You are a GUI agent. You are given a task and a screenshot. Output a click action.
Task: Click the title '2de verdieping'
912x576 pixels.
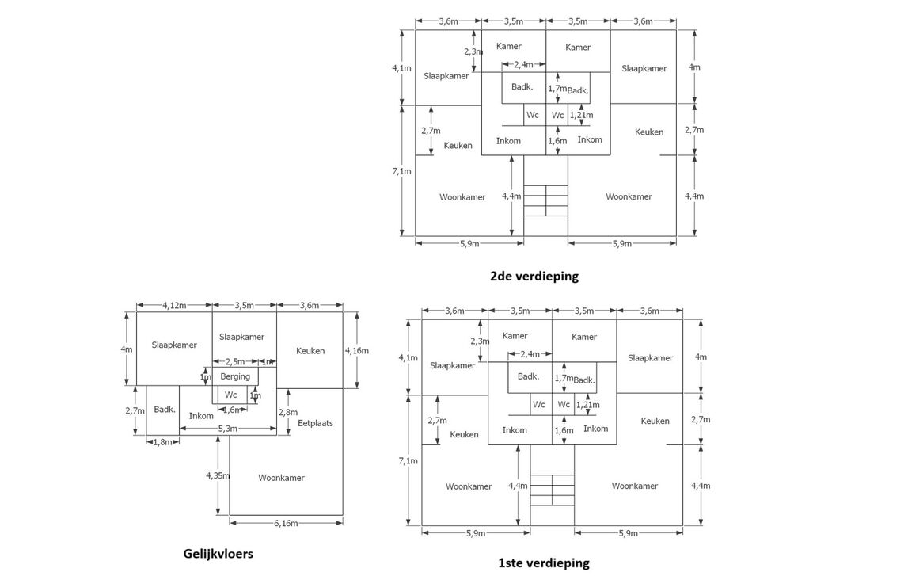point(534,277)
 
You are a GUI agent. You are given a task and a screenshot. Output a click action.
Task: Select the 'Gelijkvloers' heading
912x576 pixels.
point(218,554)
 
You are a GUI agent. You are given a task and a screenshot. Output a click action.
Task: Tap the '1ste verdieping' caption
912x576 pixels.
point(543,563)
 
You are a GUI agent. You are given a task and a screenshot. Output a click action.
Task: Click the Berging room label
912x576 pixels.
point(235,376)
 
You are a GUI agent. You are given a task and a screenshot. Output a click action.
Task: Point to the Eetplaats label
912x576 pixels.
point(315,423)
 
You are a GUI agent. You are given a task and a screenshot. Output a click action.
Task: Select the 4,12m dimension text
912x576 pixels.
point(174,305)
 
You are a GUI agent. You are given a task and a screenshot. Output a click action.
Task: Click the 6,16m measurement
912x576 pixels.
point(286,523)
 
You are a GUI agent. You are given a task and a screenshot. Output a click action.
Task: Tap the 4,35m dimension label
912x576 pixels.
point(218,475)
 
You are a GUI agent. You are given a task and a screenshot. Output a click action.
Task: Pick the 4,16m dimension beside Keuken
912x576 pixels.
point(357,350)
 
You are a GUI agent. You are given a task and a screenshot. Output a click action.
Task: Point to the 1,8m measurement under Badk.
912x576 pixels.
point(162,441)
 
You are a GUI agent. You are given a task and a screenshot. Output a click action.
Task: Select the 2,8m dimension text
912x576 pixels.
point(288,412)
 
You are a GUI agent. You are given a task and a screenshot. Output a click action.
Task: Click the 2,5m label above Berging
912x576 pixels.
point(235,361)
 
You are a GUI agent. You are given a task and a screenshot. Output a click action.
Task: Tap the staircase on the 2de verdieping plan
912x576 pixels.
point(545,200)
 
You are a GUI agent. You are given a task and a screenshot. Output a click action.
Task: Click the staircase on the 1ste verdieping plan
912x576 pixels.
point(552,489)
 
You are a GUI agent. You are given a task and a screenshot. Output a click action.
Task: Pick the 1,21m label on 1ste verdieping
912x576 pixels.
point(587,405)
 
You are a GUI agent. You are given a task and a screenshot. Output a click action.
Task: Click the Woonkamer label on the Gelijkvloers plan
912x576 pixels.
point(281,478)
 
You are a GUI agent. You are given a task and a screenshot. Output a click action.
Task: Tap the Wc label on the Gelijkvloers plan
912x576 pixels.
point(230,395)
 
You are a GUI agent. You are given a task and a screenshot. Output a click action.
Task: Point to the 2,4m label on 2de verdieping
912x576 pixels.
point(523,65)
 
